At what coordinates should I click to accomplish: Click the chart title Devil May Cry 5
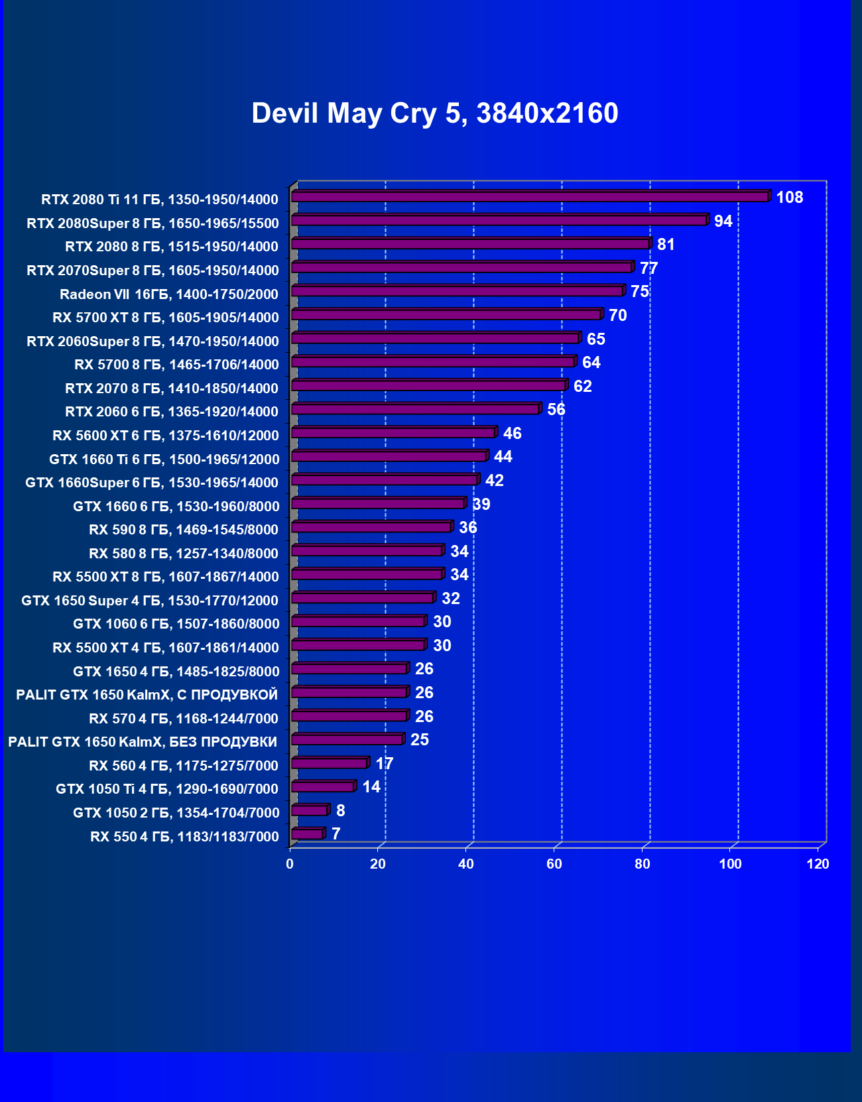(434, 113)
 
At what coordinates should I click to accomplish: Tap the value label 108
(789, 198)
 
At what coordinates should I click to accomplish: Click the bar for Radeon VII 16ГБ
(457, 291)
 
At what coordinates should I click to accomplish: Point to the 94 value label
(723, 221)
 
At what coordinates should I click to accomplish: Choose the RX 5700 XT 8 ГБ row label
(166, 318)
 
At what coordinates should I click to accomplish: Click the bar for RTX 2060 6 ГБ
(415, 409)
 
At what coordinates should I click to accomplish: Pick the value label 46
(512, 434)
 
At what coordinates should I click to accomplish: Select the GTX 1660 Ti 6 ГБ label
(164, 459)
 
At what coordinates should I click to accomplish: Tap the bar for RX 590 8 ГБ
(371, 527)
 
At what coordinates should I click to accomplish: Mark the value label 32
(450, 599)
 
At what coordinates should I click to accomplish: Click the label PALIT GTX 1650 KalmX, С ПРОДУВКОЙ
(147, 695)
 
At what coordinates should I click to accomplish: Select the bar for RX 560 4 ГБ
(329, 763)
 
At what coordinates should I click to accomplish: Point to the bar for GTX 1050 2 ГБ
(309, 810)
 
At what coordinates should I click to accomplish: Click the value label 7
(336, 834)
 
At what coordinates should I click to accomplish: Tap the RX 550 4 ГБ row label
(184, 837)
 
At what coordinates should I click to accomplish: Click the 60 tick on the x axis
(554, 864)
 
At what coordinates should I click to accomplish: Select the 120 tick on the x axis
(818, 864)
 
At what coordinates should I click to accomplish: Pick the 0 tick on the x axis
(290, 864)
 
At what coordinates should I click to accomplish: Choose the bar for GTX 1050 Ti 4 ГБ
(322, 787)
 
